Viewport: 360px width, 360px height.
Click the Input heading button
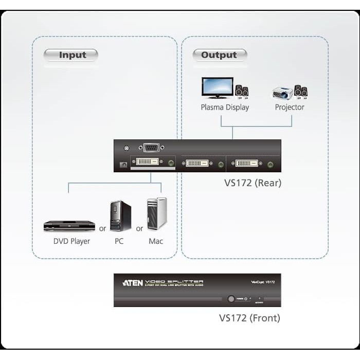[x=71, y=55]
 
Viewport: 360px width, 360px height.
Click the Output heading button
[x=220, y=55]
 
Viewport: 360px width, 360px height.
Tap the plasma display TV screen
[x=217, y=87]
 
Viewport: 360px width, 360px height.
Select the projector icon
[x=282, y=93]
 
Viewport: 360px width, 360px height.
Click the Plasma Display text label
[x=225, y=107]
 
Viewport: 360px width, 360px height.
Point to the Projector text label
[x=290, y=107]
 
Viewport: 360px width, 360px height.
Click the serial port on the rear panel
[x=150, y=148]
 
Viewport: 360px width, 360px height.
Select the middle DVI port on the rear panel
[x=197, y=164]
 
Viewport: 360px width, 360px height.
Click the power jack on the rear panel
[x=123, y=165]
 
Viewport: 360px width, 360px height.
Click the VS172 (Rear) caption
[x=253, y=183]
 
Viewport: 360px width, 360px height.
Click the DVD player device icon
[x=69, y=225]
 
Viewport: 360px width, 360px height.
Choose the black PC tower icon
[x=120, y=216]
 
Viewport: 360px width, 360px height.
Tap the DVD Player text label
[x=71, y=241]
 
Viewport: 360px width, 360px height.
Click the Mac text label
[x=156, y=241]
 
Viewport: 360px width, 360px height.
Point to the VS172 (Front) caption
[x=249, y=318]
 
